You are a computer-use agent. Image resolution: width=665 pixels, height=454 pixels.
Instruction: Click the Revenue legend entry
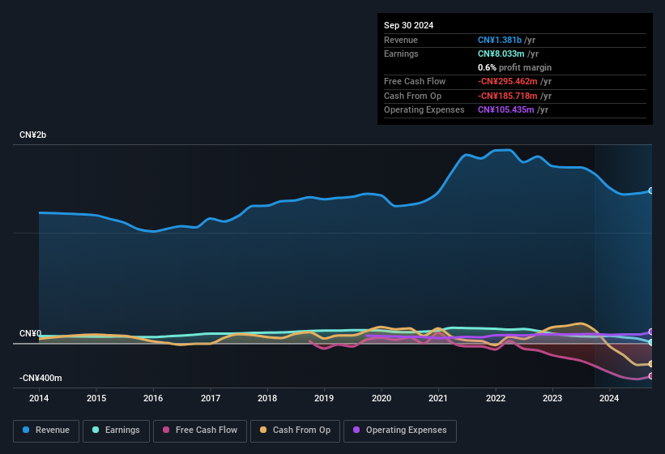(x=46, y=430)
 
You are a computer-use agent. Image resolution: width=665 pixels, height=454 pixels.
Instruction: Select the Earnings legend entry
(x=116, y=430)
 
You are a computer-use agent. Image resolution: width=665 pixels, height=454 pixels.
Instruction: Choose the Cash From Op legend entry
(x=295, y=430)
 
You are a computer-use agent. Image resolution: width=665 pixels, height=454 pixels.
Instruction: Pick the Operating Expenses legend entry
(x=400, y=430)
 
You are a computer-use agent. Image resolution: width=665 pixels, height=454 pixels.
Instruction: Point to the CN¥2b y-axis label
(x=33, y=135)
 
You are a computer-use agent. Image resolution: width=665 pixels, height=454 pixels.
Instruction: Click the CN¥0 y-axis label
(x=30, y=333)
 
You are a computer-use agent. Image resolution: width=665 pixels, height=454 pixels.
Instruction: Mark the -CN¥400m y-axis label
(x=40, y=378)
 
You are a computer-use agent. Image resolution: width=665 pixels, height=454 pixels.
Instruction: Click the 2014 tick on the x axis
(x=39, y=398)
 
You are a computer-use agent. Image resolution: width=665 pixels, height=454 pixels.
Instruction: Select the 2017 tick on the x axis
(x=211, y=398)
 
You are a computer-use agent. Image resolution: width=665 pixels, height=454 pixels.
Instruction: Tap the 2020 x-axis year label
(x=382, y=398)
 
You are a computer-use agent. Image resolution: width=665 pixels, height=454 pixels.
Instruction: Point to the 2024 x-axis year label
(x=610, y=398)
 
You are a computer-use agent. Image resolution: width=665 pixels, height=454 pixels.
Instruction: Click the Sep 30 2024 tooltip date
(x=409, y=25)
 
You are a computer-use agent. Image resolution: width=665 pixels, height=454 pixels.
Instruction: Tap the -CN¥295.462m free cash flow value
(x=508, y=81)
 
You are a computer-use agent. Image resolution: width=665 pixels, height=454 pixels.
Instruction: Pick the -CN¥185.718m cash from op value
(x=508, y=96)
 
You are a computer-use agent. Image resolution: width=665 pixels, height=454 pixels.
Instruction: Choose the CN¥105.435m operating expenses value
(x=505, y=109)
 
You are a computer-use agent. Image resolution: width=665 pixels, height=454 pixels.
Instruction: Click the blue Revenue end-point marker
(x=651, y=191)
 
